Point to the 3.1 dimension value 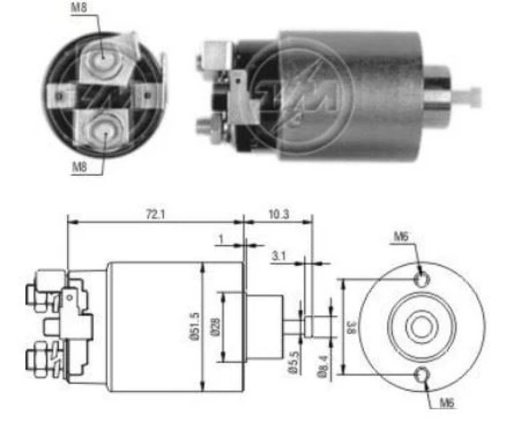tap(279, 255)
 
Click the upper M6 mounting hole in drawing tap(423, 278)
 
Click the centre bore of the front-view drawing tap(423, 327)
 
